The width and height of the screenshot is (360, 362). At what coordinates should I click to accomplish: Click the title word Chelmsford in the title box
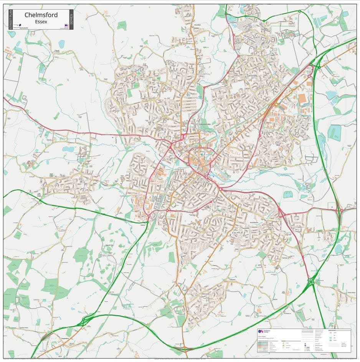(x=41, y=15)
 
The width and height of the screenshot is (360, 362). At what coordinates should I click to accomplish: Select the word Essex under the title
(x=41, y=22)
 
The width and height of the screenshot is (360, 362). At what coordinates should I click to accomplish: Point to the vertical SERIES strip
(x=71, y=19)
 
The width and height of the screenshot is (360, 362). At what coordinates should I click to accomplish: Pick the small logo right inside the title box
(x=66, y=26)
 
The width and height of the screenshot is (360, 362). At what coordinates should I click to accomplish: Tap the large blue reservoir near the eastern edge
(x=334, y=133)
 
